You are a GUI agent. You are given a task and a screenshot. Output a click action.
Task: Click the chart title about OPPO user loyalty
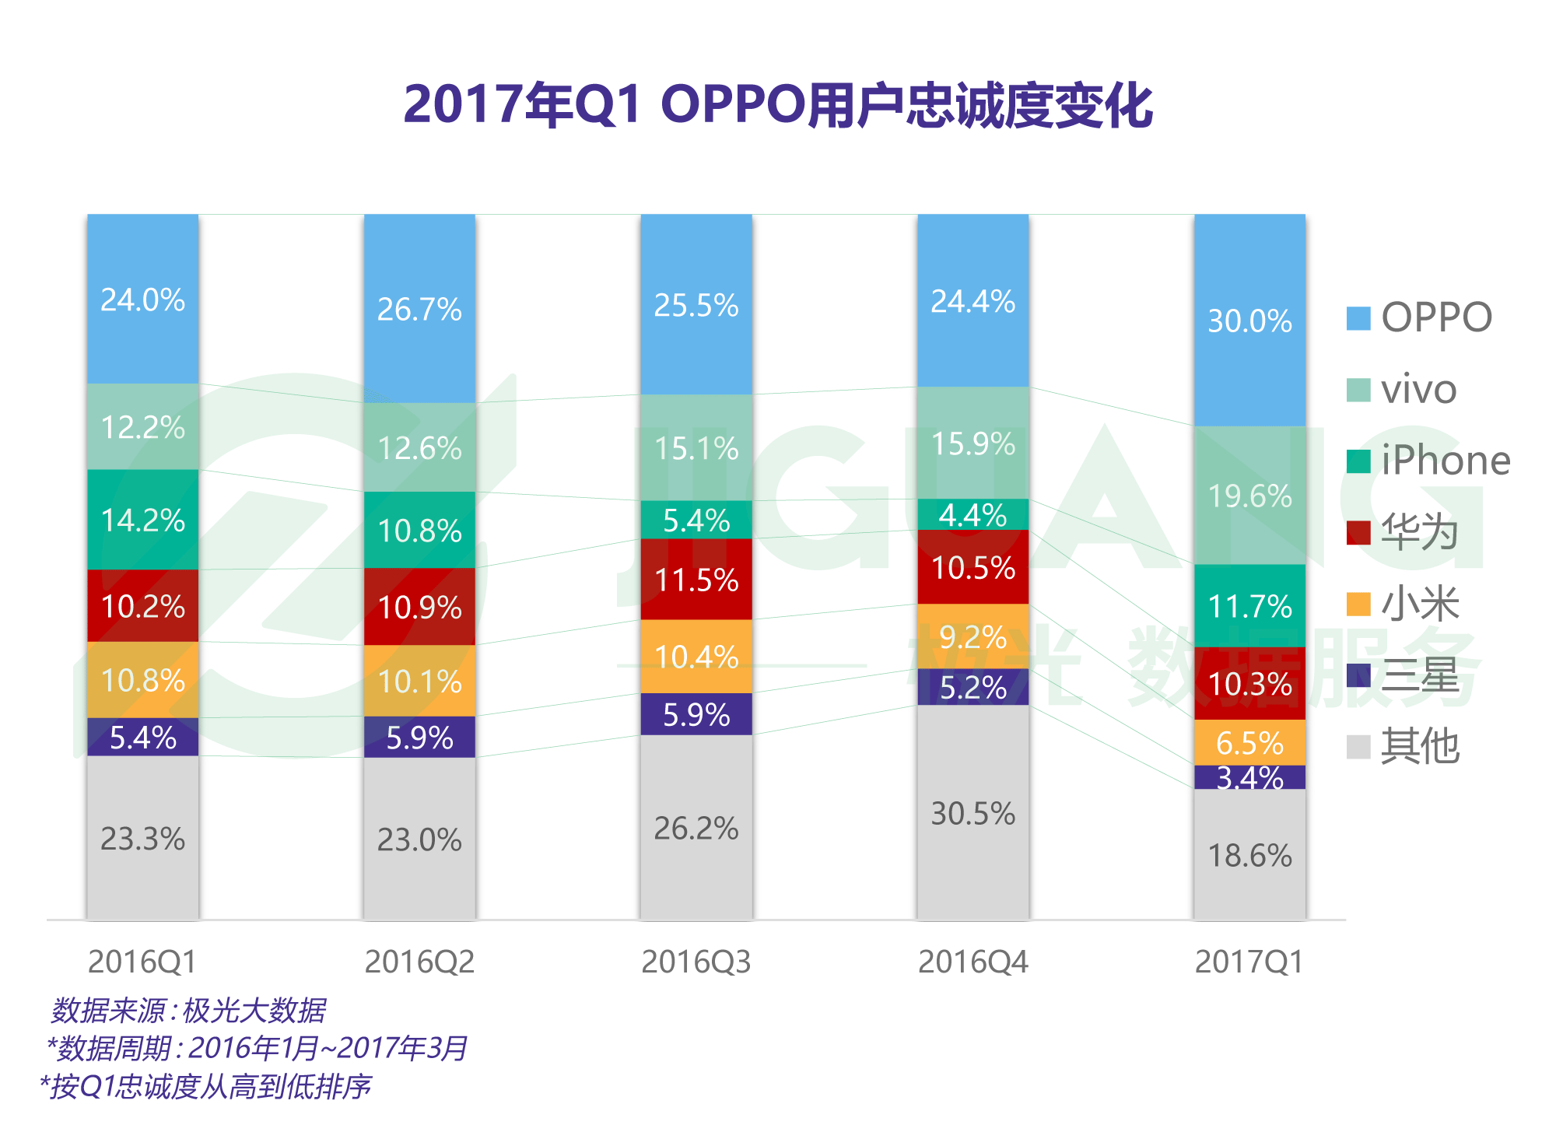[x=778, y=105]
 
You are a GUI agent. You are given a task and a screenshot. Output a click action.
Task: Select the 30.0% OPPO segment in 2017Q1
[x=1249, y=321]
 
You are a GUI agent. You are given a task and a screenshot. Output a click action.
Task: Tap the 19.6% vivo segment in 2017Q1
[x=1249, y=496]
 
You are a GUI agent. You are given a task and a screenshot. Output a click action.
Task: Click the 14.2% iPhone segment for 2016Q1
[x=142, y=520]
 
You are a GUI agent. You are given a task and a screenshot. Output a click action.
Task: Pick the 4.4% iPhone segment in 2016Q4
[x=972, y=514]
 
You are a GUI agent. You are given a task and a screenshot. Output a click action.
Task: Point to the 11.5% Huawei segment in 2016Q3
[x=696, y=580]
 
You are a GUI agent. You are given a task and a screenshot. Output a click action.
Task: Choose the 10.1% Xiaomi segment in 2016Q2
[x=419, y=682]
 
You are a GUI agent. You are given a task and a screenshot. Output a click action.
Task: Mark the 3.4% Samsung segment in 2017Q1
[x=1249, y=777]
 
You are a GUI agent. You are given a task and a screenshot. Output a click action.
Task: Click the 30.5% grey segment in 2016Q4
[x=972, y=813]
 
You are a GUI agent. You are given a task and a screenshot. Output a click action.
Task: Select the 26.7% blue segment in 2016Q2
[x=419, y=309]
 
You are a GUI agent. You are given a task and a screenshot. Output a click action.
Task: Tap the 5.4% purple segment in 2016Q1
[x=142, y=737]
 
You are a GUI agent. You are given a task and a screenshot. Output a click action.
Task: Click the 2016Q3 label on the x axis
[x=696, y=962]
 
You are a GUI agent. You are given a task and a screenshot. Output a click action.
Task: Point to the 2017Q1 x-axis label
[x=1249, y=962]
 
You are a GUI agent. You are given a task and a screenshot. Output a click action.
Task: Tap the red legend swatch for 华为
[x=1358, y=533]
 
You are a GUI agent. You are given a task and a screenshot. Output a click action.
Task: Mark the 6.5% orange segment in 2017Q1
[x=1249, y=743]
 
